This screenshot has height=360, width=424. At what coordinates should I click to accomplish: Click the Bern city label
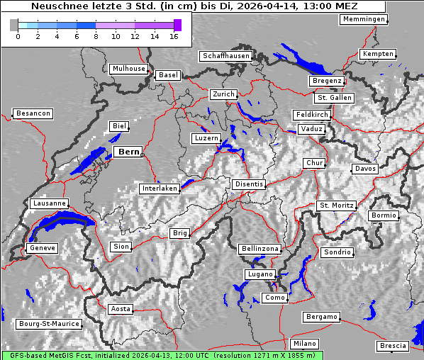(128, 152)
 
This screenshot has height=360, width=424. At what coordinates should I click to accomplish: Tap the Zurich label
(223, 94)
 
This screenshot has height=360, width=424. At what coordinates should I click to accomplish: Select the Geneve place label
(41, 248)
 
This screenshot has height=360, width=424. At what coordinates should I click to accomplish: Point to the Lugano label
(259, 274)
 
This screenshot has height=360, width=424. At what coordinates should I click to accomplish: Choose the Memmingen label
(364, 19)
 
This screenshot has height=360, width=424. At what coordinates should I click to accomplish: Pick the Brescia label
(393, 346)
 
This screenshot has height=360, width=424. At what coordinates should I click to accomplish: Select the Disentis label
(249, 184)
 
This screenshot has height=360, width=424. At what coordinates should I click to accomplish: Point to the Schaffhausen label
(225, 55)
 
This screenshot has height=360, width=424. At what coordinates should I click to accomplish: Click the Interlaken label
(159, 189)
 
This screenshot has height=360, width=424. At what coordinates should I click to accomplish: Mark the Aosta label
(120, 309)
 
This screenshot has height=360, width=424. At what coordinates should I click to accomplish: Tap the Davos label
(365, 169)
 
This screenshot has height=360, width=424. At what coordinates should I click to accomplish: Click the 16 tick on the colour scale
(173, 35)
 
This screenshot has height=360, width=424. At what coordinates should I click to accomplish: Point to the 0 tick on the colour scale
(18, 35)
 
